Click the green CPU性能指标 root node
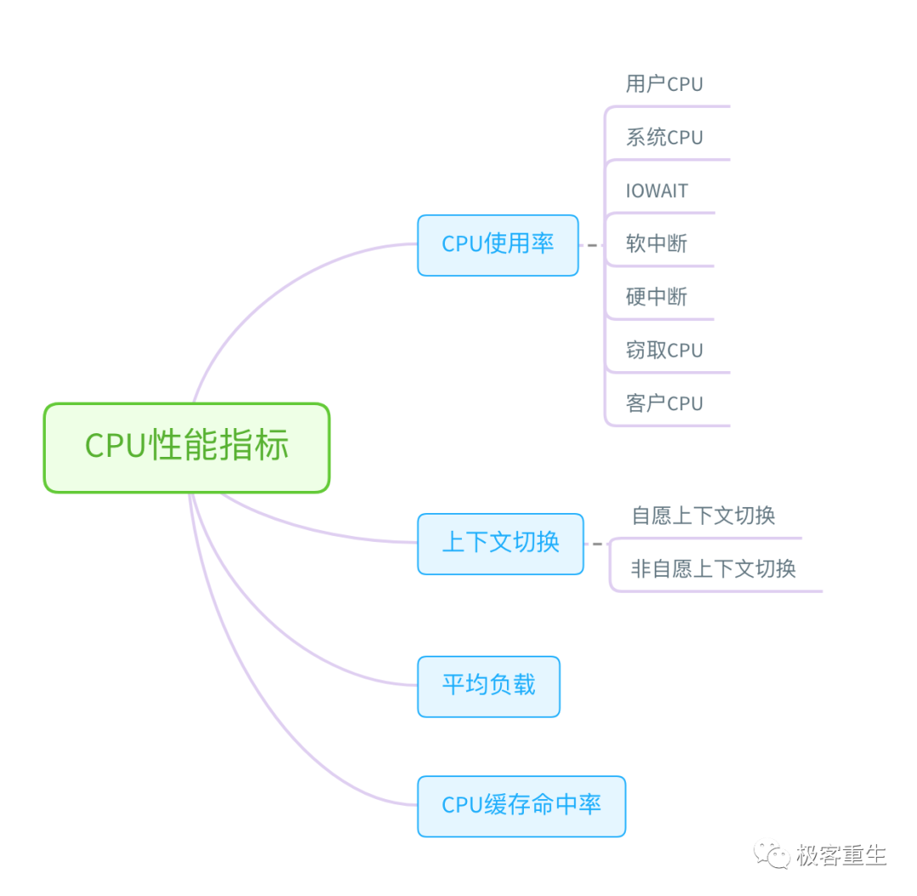(187, 448)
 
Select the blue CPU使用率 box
(498, 245)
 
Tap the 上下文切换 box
(500, 544)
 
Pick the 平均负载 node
(488, 686)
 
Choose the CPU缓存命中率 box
(521, 806)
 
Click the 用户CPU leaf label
(664, 84)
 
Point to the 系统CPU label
(664, 138)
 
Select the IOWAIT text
(656, 191)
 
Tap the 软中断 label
(656, 245)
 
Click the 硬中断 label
(656, 297)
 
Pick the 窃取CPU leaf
(664, 351)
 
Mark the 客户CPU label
(664, 403)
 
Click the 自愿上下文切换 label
(703, 516)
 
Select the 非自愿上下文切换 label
(713, 569)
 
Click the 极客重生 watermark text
(841, 855)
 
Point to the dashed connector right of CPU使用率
(592, 245)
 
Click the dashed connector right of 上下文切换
(597, 544)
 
